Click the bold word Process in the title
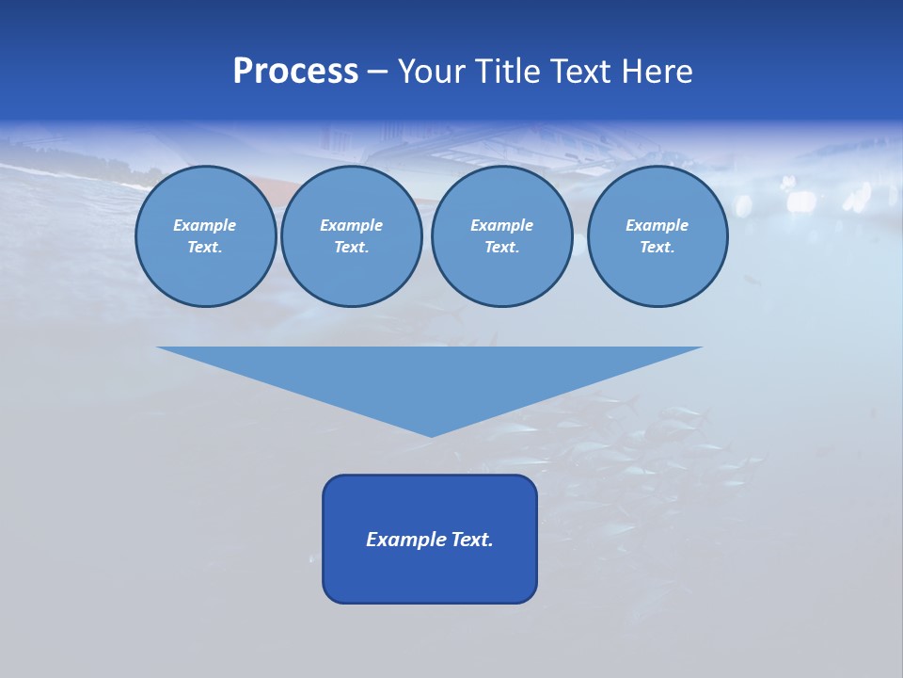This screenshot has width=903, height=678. click(x=295, y=72)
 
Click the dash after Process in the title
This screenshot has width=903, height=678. click(x=377, y=73)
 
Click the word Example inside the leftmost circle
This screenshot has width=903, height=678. click(x=205, y=225)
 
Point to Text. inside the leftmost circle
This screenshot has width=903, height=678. click(x=205, y=248)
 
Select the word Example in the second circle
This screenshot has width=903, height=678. click(x=351, y=225)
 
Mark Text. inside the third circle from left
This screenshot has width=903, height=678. click(x=501, y=248)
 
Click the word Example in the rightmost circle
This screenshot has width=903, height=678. click(x=657, y=225)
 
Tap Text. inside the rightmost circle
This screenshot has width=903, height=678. click(x=657, y=248)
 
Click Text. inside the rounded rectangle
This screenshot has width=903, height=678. click(x=473, y=540)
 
